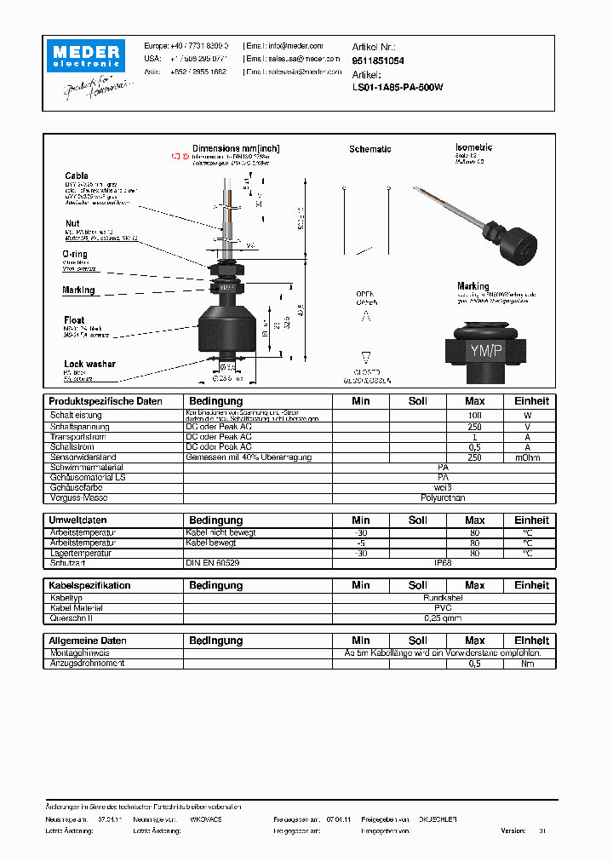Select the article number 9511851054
tap(378, 61)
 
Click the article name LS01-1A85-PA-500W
tap(398, 87)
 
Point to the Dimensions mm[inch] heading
tap(236, 148)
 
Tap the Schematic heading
tap(370, 149)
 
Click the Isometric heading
tap(474, 147)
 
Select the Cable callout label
tap(77, 176)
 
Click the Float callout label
tap(74, 320)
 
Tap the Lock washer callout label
tap(89, 364)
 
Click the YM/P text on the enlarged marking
tap(484, 349)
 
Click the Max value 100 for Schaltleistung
tap(474, 414)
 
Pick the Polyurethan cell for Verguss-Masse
tap(443, 497)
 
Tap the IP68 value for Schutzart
tap(443, 563)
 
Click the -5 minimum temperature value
tap(361, 543)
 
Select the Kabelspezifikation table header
tap(89, 585)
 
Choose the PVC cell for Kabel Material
tap(443, 608)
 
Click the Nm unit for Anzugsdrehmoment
tap(528, 663)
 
